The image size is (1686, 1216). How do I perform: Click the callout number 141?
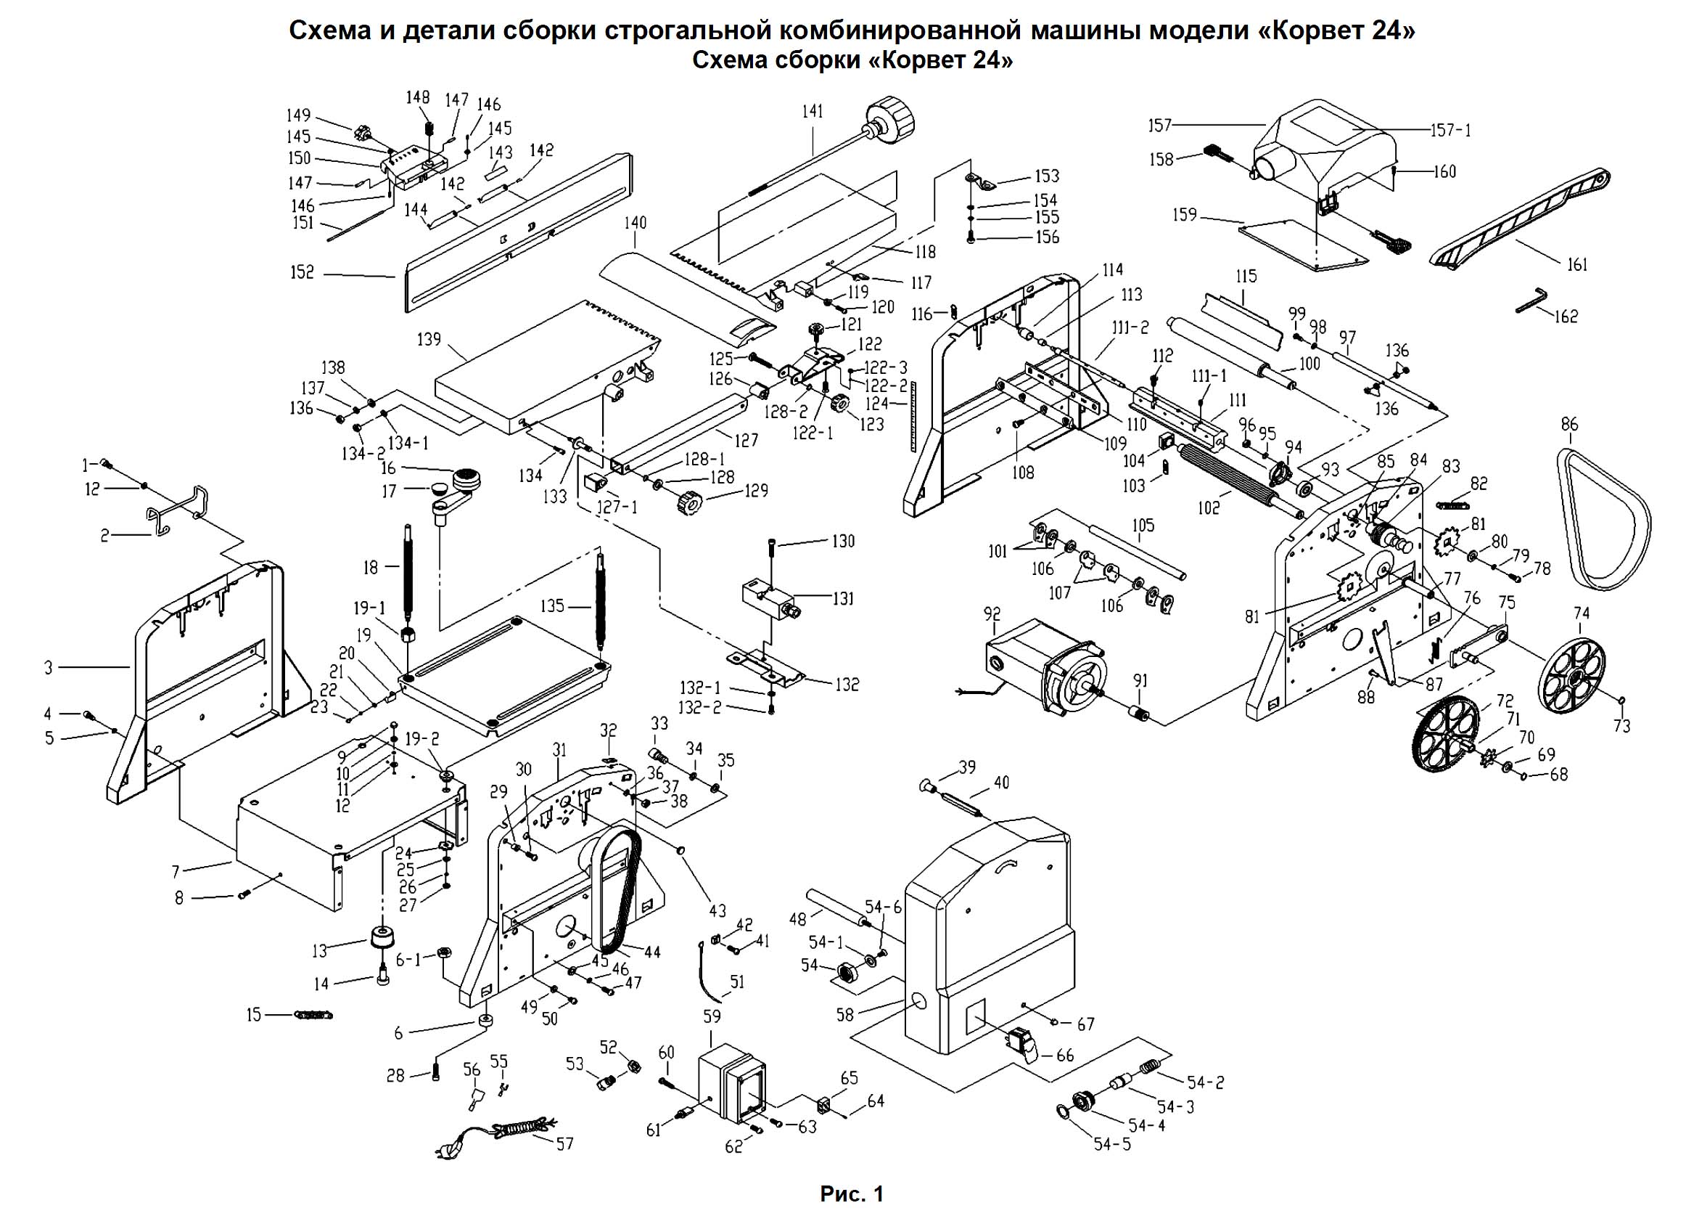click(813, 112)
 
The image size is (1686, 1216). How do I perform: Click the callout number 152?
click(302, 273)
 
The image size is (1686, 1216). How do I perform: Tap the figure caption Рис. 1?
click(852, 1194)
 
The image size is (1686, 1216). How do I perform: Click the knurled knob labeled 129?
click(691, 505)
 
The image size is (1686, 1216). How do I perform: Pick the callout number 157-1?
click(1450, 131)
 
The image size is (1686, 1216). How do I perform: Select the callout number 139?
click(429, 340)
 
